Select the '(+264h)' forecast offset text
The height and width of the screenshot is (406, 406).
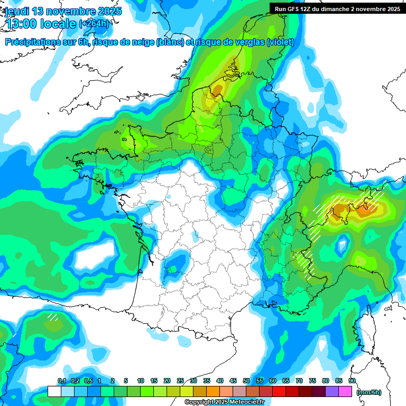(94, 24)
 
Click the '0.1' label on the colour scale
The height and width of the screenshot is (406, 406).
(61, 381)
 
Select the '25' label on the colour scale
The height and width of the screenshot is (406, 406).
(180, 381)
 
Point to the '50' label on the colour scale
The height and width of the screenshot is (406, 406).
(246, 381)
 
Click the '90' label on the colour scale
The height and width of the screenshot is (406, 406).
(352, 381)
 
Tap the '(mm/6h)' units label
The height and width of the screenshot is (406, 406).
(369, 392)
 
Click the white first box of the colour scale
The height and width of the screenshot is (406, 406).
(54, 391)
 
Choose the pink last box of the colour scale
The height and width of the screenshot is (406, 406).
(345, 391)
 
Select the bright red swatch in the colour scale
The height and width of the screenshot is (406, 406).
(279, 391)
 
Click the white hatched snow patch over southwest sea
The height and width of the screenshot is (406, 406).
(52, 317)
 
